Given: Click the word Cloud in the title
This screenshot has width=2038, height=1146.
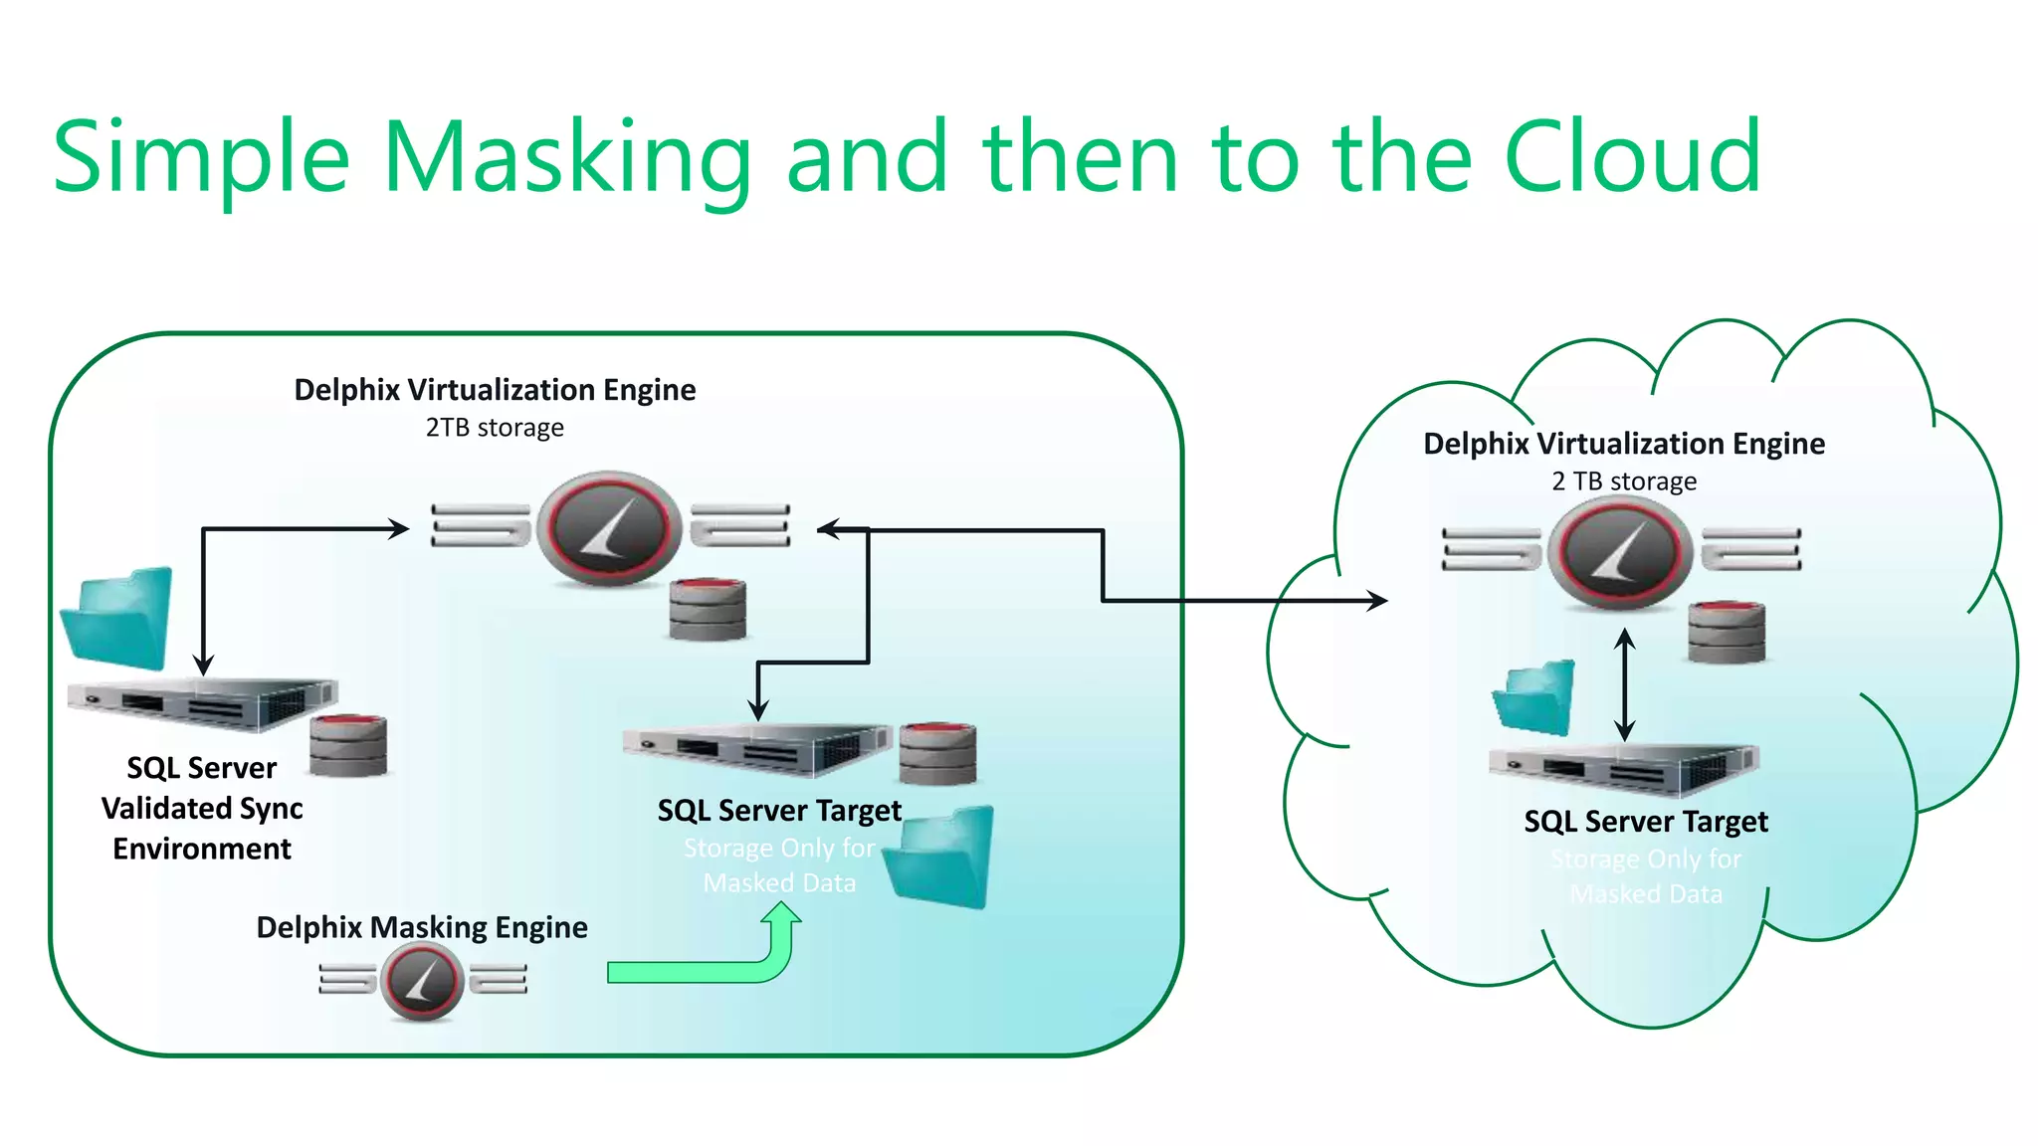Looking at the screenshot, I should click(1632, 157).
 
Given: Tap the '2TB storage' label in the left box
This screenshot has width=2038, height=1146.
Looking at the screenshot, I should click(495, 428).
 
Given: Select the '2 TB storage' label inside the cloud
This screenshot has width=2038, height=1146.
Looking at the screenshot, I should click(1624, 481).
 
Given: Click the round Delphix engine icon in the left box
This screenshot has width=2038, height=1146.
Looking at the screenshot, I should click(609, 528).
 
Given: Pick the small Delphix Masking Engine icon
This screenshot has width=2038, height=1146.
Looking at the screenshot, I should click(423, 981).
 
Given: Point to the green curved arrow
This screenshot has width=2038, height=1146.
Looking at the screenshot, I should click(716, 965).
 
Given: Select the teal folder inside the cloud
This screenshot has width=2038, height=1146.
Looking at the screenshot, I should click(1535, 697).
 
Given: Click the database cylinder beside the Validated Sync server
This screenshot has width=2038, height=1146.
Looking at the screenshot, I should click(347, 746).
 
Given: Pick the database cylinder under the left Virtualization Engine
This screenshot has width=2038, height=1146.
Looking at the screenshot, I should click(708, 609).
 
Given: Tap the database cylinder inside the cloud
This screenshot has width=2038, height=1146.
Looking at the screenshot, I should click(1727, 633).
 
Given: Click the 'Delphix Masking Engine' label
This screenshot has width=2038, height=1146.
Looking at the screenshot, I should click(422, 927).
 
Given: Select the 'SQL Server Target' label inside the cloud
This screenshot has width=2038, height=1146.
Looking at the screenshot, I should click(1646, 822).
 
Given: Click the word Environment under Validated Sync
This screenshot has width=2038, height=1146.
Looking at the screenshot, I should click(202, 849).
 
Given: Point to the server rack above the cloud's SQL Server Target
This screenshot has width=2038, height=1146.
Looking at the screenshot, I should click(1622, 769).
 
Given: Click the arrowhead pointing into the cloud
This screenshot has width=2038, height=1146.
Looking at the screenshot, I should click(1378, 600).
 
